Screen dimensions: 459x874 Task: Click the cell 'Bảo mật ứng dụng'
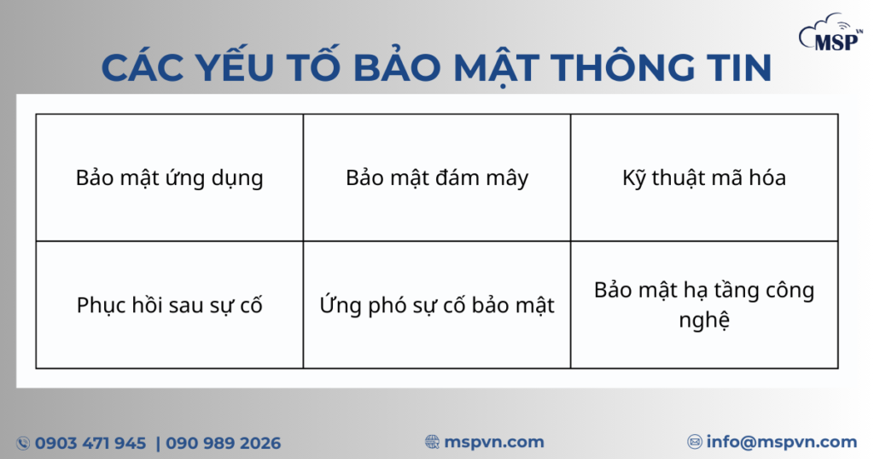click(x=169, y=178)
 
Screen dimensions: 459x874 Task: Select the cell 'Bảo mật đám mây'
click(x=437, y=178)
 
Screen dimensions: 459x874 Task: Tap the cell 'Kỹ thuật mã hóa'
click(x=704, y=178)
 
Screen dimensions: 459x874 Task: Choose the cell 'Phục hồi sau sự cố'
click(x=169, y=305)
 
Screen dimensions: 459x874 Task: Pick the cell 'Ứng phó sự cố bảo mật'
click(x=437, y=305)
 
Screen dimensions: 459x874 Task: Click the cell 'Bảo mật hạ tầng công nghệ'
click(x=704, y=305)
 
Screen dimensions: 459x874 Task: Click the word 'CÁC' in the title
click(x=146, y=69)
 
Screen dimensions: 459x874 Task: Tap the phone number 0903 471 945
click(x=90, y=443)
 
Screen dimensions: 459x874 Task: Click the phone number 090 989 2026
click(x=223, y=443)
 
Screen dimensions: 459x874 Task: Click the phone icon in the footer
click(x=23, y=443)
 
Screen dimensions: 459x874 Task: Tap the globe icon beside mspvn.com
click(x=433, y=442)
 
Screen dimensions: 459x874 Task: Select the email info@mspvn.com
click(x=781, y=442)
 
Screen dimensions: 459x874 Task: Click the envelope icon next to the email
click(x=695, y=442)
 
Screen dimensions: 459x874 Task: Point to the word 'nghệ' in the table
click(x=704, y=321)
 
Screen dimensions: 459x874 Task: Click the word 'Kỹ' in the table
click(x=634, y=178)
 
